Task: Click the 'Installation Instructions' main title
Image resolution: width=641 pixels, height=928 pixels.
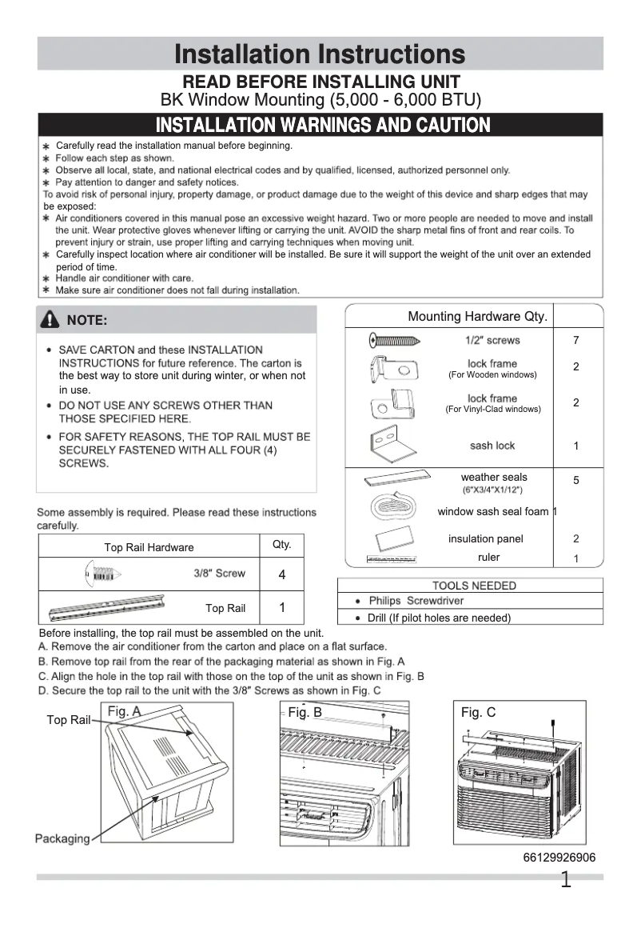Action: tap(320, 54)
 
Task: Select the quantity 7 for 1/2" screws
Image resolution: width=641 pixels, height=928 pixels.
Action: tap(575, 341)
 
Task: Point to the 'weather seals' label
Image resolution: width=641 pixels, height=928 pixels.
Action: tap(493, 478)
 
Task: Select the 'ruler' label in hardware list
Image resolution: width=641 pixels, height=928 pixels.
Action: tap(488, 558)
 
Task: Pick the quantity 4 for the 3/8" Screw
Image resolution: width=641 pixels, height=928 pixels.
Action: tap(281, 575)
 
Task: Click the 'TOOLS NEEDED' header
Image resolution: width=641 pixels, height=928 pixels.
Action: tap(474, 586)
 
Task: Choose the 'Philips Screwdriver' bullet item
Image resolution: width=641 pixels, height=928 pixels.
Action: tap(416, 601)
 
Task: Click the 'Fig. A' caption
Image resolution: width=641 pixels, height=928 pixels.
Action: tap(124, 711)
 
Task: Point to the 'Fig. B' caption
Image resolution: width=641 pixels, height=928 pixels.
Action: tap(305, 712)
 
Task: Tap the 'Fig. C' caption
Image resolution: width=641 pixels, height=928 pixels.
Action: tap(478, 712)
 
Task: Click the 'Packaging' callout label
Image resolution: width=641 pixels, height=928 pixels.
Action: tap(62, 838)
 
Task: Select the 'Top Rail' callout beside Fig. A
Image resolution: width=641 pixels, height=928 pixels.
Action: tap(68, 720)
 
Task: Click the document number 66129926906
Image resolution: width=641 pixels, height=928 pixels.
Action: tap(559, 858)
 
